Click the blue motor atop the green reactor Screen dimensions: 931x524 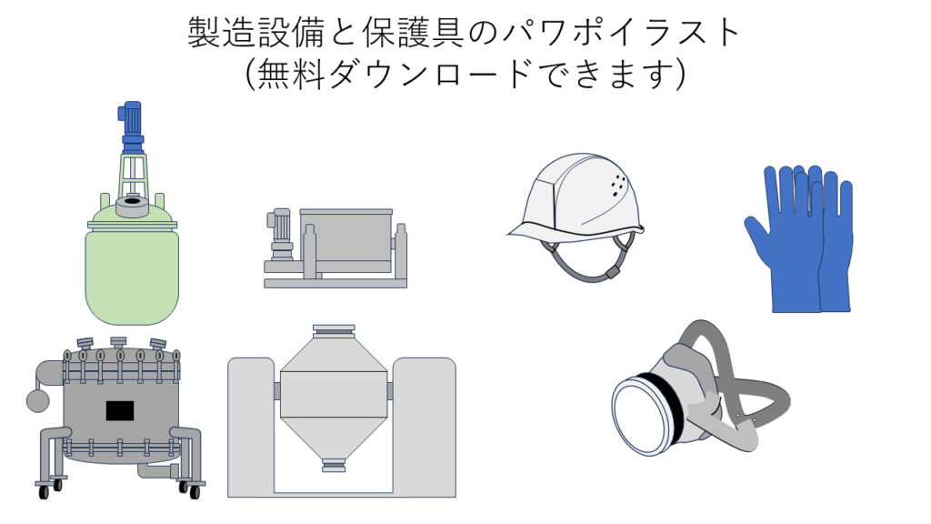[132, 125]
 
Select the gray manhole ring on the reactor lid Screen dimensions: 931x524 [132, 207]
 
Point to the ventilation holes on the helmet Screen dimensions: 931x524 [618, 186]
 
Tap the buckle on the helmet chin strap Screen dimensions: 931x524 [611, 273]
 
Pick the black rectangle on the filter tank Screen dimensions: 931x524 [120, 410]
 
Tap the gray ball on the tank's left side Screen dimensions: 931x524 [37, 400]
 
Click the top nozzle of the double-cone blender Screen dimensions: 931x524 [334, 331]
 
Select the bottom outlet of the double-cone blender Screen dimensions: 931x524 [334, 465]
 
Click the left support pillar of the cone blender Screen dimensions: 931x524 [251, 426]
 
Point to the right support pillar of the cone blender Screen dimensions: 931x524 [425, 426]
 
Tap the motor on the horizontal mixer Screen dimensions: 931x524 [279, 235]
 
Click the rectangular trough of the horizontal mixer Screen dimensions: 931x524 [346, 240]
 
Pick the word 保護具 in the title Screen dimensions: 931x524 [414, 32]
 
